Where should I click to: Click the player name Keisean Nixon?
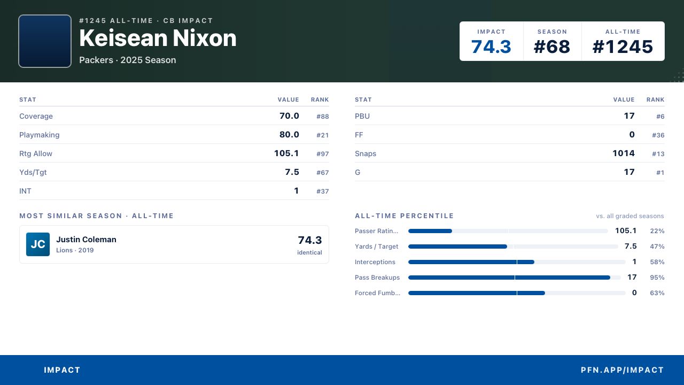pyautogui.click(x=158, y=38)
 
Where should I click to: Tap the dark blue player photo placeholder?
pyautogui.click(x=45, y=41)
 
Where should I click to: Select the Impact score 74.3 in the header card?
pyautogui.click(x=491, y=47)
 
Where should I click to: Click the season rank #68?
pyautogui.click(x=552, y=47)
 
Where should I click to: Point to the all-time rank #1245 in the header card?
pyautogui.click(x=623, y=47)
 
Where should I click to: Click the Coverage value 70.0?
pyautogui.click(x=289, y=116)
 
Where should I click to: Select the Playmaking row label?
pyautogui.click(x=40, y=135)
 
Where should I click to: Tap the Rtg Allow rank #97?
pyautogui.click(x=322, y=153)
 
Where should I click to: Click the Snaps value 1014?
pyautogui.click(x=624, y=153)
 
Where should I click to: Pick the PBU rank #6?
pyautogui.click(x=660, y=117)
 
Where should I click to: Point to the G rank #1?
pyautogui.click(x=660, y=173)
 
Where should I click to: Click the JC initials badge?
pyautogui.click(x=38, y=244)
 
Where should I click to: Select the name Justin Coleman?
pyautogui.click(x=86, y=239)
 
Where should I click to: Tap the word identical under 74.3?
pyautogui.click(x=309, y=252)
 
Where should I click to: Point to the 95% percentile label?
pyautogui.click(x=657, y=278)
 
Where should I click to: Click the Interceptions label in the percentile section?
pyautogui.click(x=375, y=262)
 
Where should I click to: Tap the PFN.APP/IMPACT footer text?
pyautogui.click(x=623, y=370)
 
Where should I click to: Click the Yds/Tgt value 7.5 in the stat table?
pyautogui.click(x=292, y=172)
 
